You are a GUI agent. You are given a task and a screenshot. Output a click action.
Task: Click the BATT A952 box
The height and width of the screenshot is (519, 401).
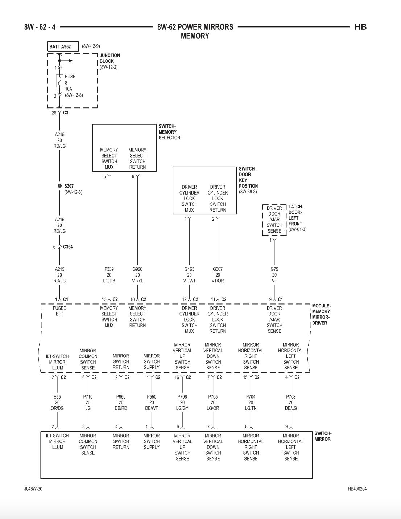(63, 46)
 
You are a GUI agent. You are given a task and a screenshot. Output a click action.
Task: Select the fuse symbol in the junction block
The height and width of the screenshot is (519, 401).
(59, 81)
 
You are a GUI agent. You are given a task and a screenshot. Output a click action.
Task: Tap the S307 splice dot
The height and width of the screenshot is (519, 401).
(60, 186)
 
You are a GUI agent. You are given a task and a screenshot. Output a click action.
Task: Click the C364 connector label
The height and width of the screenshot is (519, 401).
(68, 247)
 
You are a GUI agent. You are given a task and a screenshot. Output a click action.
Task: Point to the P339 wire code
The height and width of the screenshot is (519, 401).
(109, 269)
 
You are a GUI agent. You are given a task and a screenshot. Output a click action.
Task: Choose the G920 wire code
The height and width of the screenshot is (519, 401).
(137, 269)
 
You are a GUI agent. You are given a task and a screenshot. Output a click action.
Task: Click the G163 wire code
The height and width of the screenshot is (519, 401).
(189, 269)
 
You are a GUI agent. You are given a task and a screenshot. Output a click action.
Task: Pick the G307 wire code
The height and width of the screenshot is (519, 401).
(218, 269)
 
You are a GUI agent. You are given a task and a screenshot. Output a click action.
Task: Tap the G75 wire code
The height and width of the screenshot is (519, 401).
(274, 269)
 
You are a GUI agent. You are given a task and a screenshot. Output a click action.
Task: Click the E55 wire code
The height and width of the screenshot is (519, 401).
(57, 397)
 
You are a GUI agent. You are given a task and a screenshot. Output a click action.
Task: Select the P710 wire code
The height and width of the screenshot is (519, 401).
(88, 397)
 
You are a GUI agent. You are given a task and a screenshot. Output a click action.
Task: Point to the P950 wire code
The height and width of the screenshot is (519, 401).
(121, 397)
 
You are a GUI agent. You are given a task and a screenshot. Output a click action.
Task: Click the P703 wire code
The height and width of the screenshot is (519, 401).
(291, 397)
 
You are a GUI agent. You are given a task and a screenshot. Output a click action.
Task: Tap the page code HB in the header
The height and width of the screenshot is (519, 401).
(360, 27)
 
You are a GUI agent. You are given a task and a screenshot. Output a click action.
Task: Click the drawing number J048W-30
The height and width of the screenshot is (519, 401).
(33, 489)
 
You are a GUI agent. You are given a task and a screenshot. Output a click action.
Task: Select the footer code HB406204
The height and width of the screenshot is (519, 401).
(357, 489)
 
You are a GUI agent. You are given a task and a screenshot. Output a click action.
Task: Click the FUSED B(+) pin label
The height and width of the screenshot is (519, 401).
(59, 311)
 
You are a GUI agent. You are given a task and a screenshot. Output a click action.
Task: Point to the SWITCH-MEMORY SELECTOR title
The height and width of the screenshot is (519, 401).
(169, 132)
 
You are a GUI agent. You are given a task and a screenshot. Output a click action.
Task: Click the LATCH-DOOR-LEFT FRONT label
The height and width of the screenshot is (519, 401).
(296, 215)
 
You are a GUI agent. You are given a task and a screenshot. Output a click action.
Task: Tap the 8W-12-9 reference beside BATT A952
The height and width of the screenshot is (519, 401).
(91, 46)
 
